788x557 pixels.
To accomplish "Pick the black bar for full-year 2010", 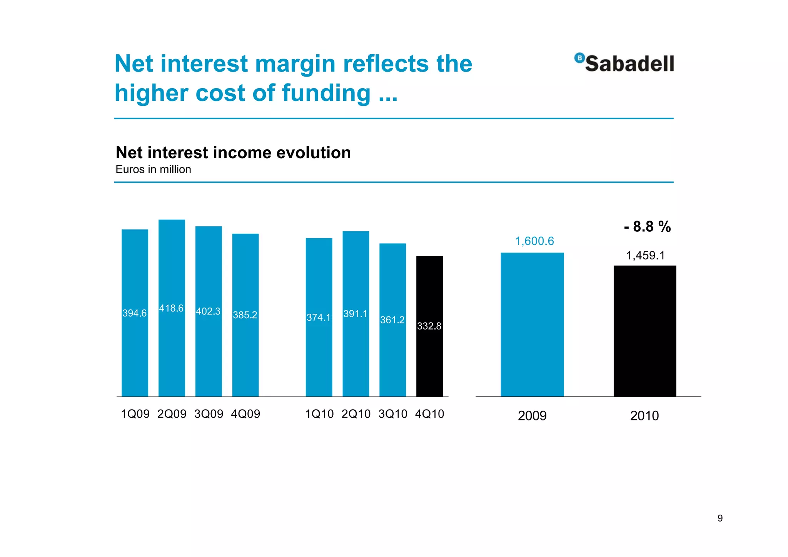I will [644, 331].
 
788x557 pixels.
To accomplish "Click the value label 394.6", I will [134, 313].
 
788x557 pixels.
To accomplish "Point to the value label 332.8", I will [429, 326].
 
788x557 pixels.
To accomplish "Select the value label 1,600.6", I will [534, 241].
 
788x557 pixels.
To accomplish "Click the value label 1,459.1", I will [645, 255].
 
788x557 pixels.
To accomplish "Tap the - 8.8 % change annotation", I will [647, 226].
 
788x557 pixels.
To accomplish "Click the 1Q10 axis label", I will [319, 414].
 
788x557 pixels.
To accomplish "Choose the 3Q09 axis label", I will [209, 414].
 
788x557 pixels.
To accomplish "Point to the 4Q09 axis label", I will [245, 414].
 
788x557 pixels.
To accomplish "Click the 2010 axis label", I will [644, 416].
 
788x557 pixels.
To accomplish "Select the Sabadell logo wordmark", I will [629, 64].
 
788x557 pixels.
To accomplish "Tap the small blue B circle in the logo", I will [579, 58].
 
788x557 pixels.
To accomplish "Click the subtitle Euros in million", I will [153, 169].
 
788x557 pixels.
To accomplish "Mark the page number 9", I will [720, 518].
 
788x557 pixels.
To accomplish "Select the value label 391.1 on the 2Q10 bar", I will [355, 314].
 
